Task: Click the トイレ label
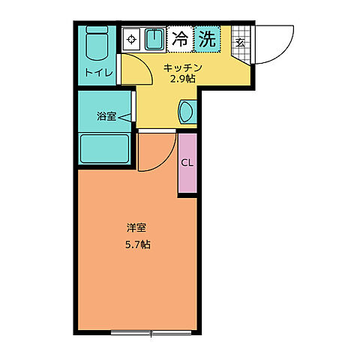(99, 73)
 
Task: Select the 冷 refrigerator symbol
(180, 38)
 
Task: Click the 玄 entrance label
(240, 43)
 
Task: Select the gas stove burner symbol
(131, 39)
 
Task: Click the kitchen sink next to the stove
(154, 39)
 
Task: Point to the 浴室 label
(105, 116)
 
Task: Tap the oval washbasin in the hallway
(187, 111)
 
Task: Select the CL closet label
(187, 163)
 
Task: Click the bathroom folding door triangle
(126, 116)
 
